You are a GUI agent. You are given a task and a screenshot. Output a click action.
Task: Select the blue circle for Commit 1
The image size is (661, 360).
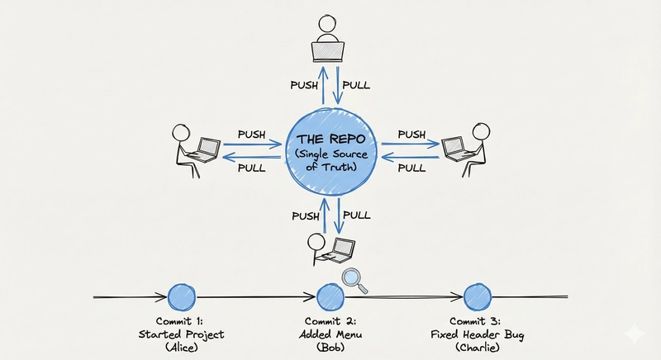point(179,296)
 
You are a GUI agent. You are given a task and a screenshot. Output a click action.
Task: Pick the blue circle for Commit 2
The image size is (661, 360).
point(330,296)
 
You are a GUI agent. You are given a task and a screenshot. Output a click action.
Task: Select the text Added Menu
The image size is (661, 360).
point(330,334)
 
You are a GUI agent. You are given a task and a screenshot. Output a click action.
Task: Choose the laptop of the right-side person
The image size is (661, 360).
point(454,149)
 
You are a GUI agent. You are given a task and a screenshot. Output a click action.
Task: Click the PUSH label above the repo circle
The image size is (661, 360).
point(304,86)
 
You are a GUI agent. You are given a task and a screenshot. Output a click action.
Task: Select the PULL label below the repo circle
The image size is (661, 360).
point(357,215)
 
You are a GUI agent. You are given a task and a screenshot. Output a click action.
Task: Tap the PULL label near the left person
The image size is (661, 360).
point(251,167)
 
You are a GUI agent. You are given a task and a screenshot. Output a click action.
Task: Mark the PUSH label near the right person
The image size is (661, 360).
point(411,135)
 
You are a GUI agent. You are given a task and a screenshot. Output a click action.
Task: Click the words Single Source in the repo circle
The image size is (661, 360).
point(330,155)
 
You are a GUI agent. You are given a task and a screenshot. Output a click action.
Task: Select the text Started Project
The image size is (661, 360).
point(179,334)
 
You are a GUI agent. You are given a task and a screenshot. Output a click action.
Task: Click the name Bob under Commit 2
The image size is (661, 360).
point(330,348)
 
